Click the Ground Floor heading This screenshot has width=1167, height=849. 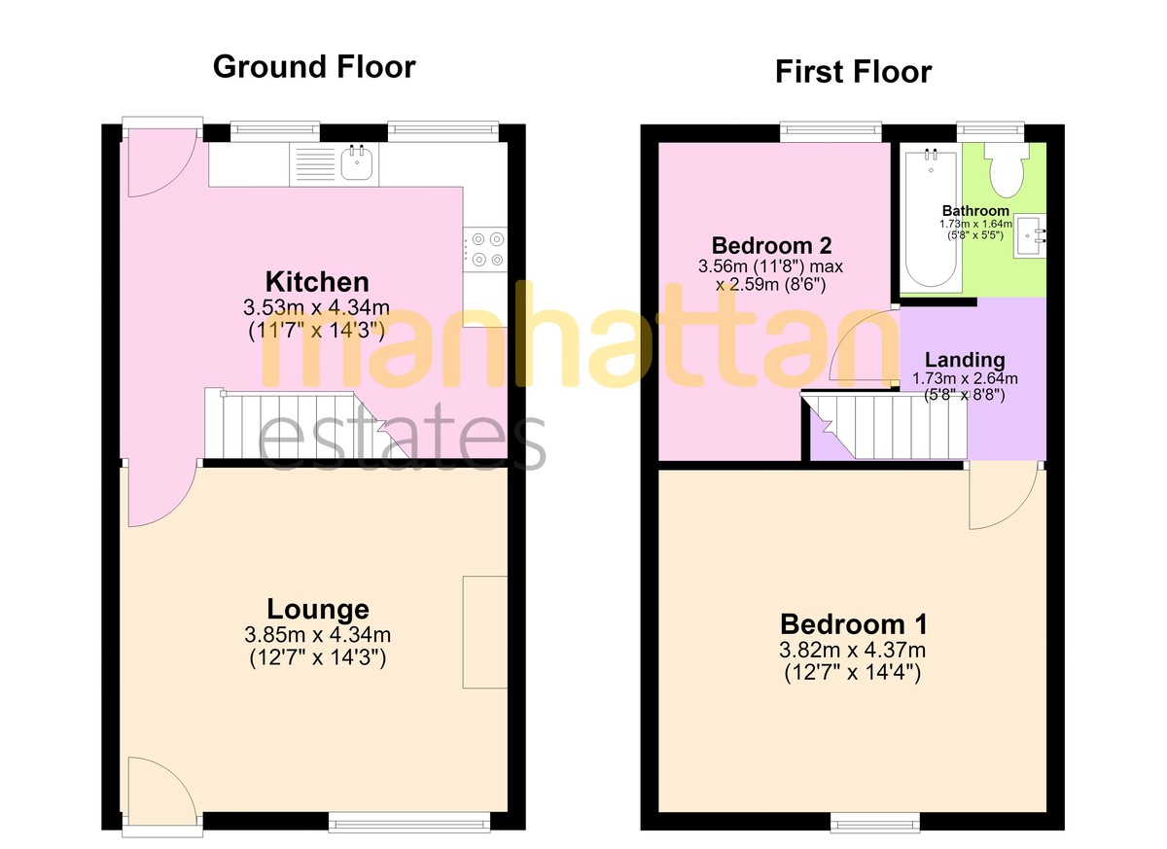pyautogui.click(x=314, y=67)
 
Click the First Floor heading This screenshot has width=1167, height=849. pyautogui.click(x=854, y=72)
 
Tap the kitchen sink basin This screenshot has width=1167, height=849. pyautogui.click(x=357, y=162)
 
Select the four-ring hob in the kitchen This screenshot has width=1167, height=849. pyautogui.click(x=485, y=249)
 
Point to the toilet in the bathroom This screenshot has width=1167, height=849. pyautogui.click(x=1007, y=170)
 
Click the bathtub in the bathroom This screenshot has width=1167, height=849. pyautogui.click(x=931, y=219)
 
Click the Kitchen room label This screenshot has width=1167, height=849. pyautogui.click(x=317, y=282)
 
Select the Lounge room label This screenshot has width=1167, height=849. pyautogui.click(x=318, y=609)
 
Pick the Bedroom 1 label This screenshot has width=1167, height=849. pyautogui.click(x=854, y=624)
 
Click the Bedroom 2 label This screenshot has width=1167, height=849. pyautogui.click(x=771, y=245)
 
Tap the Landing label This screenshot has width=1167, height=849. pyautogui.click(x=965, y=360)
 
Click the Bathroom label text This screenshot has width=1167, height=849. pyautogui.click(x=975, y=211)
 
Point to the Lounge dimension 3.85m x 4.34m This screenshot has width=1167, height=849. pyautogui.click(x=317, y=634)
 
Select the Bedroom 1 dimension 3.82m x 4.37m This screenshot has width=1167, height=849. pyautogui.click(x=852, y=650)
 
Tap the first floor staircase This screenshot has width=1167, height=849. pyautogui.click(x=884, y=426)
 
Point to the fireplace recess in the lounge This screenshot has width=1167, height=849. pyautogui.click(x=485, y=632)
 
